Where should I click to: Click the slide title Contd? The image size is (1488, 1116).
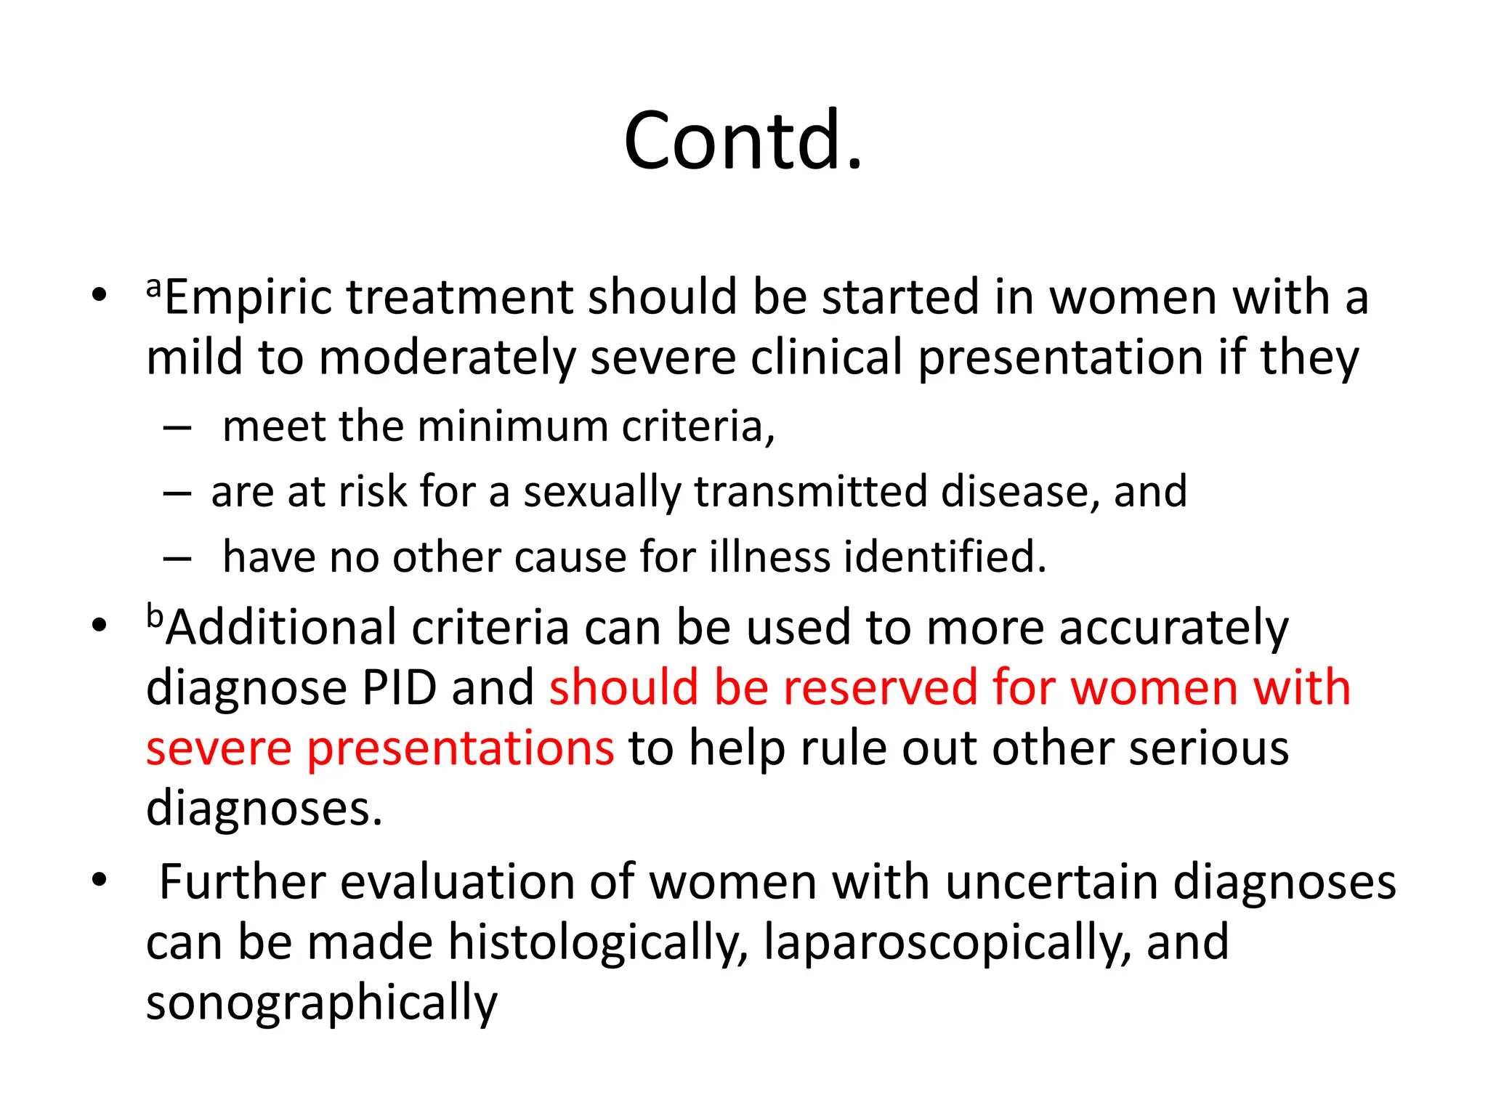(x=743, y=140)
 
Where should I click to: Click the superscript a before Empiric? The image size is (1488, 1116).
(x=153, y=288)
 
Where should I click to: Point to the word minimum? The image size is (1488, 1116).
(x=512, y=426)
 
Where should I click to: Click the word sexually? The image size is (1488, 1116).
(x=602, y=492)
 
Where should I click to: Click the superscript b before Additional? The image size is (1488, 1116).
(x=155, y=616)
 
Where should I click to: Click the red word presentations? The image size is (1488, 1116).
(x=460, y=748)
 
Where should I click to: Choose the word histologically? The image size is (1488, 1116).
(x=597, y=943)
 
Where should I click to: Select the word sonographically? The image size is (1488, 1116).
(x=322, y=1003)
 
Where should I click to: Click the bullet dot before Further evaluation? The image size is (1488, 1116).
(x=99, y=880)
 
